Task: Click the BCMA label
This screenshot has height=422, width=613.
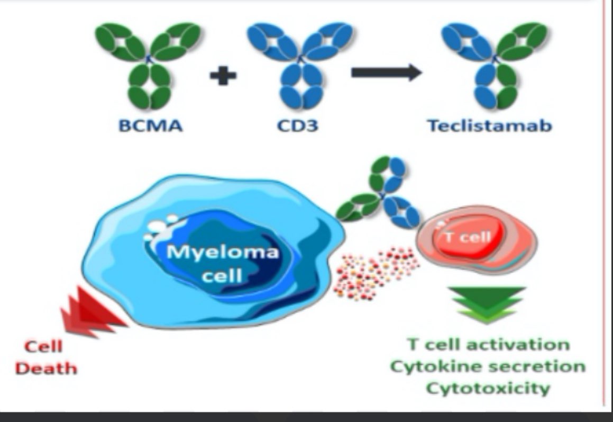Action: point(151,125)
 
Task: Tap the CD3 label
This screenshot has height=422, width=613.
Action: point(297,125)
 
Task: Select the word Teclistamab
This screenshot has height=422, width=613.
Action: point(489,125)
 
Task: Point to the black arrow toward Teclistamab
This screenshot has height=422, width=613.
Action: point(386,73)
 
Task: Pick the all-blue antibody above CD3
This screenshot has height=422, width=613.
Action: point(300,65)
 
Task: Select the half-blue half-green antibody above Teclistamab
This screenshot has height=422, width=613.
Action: point(495,65)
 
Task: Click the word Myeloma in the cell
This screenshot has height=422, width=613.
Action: point(223,252)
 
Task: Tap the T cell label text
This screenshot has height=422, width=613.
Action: point(468,237)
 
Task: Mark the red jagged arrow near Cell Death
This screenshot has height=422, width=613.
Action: point(93,312)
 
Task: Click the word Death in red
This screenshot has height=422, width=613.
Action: point(45,369)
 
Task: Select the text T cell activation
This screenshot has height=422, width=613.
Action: point(488,345)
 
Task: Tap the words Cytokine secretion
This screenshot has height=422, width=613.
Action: point(488,367)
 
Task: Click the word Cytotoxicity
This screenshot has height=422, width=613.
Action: point(488,389)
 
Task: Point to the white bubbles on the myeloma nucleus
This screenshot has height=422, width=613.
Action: point(161,228)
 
